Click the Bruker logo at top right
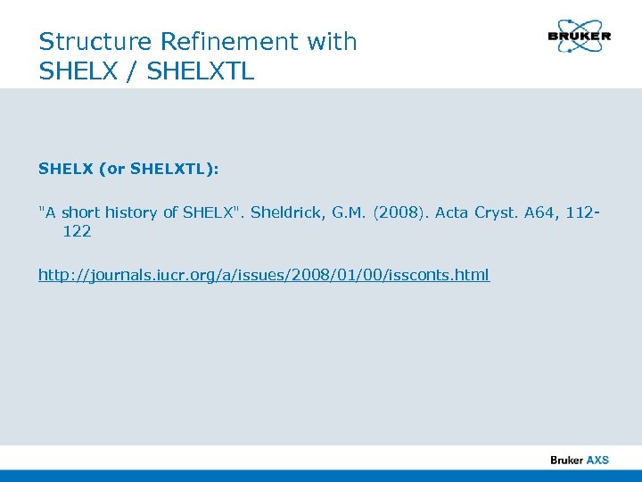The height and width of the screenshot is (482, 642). [580, 37]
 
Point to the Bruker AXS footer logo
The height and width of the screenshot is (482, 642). [579, 460]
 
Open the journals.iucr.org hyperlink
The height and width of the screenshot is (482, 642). [264, 275]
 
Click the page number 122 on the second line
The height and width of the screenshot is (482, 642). [77, 232]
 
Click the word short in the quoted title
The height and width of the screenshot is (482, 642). [80, 212]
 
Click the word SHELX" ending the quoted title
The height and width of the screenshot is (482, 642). [212, 212]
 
